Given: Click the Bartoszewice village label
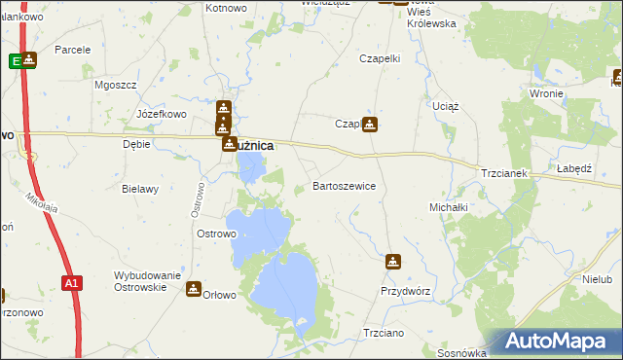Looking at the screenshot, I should point(344,185).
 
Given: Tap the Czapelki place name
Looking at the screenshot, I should point(381,58).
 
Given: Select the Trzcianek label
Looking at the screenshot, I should point(503,173).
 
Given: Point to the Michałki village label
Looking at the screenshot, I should point(449,207).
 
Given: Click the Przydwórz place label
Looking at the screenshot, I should point(405,291).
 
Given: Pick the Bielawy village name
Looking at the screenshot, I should point(140,189).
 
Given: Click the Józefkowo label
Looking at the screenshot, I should point(162,114).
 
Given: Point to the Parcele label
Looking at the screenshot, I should point(73,49).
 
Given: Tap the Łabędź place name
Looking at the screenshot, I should point(575,167).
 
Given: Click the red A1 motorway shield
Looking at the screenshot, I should point(70,283).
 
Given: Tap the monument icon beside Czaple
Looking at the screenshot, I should point(371,124).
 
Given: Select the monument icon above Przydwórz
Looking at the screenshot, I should point(392,261).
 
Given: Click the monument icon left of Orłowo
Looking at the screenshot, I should point(194,289).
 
